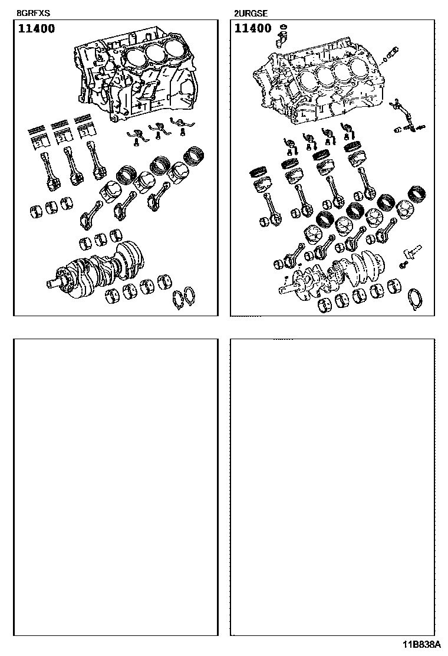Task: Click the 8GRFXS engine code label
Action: click(33, 14)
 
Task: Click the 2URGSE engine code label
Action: click(251, 14)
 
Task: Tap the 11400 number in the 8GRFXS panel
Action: click(37, 28)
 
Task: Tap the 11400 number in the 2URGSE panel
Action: click(253, 28)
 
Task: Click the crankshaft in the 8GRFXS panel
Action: click(96, 269)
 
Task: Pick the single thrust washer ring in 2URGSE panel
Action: click(416, 300)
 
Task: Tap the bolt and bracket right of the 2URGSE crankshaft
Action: click(410, 257)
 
